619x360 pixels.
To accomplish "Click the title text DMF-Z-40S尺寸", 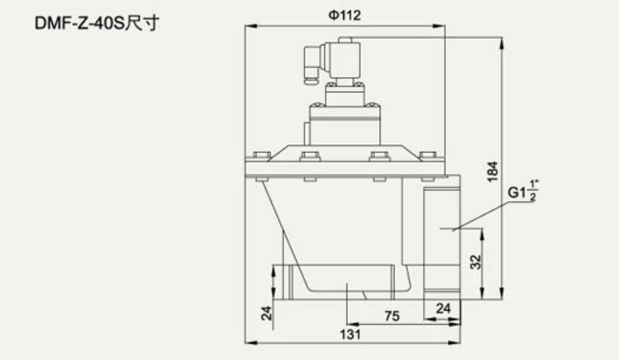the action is coord(97,23).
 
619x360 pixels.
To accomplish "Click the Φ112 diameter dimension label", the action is coord(345,16).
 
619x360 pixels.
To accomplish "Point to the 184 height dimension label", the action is coord(493,172).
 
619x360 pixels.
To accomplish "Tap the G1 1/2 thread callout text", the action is coord(523,191).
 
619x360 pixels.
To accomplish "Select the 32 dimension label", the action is coord(476,262).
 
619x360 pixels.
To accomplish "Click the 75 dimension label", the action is coord(392,316).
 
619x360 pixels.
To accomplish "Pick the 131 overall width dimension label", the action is coord(350,334).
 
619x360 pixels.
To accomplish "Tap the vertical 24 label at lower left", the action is coord(267,313).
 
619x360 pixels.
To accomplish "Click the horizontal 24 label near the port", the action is coord(443,308).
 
